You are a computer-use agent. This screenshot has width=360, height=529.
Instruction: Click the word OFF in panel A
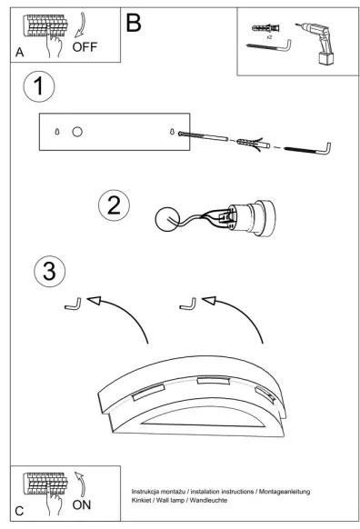coord(85,47)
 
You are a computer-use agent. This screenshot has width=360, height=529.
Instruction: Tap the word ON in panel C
coord(82,505)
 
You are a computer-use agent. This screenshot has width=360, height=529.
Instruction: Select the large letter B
coord(134,23)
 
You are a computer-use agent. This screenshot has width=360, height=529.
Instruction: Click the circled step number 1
coord(39,86)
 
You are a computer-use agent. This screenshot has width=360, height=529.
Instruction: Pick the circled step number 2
coord(114,205)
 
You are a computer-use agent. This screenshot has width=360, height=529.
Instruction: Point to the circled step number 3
coord(50,272)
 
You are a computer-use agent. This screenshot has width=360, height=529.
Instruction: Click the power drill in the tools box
coord(318,43)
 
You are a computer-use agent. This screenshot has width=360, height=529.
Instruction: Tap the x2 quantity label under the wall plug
coord(269,37)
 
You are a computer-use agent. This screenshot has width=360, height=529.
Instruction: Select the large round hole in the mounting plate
coord(77,132)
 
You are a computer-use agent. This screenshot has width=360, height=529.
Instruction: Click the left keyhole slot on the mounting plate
coord(57,132)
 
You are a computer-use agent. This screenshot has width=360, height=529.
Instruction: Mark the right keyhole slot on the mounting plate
coord(172,132)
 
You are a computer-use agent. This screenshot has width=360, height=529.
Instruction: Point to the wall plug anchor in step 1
coord(253,144)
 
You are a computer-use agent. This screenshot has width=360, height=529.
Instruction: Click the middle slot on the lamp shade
coord(214,381)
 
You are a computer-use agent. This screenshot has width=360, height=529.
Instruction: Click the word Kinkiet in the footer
coord(141,500)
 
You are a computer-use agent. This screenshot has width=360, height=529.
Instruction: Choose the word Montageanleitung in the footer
coord(284,492)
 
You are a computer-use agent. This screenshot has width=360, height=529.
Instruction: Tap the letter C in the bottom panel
coord(19,511)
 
